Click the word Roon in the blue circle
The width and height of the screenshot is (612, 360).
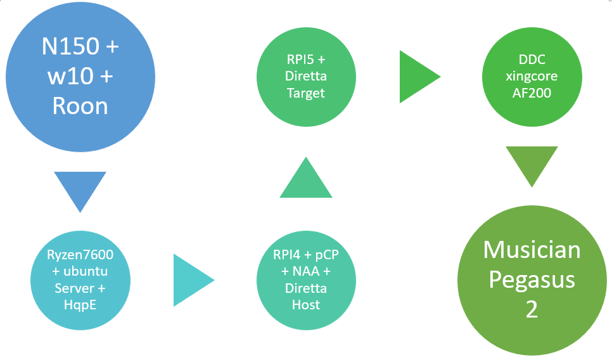[x=80, y=105]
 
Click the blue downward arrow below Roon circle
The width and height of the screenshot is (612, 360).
[x=80, y=188]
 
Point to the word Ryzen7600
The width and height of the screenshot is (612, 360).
[x=79, y=256]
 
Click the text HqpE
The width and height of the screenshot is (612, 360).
[x=79, y=305]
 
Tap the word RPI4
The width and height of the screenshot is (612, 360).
[x=283, y=256]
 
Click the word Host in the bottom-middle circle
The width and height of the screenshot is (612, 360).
[x=306, y=305]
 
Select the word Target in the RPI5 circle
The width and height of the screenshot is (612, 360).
[x=306, y=93]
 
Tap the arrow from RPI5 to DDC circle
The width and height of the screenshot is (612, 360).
[x=416, y=77]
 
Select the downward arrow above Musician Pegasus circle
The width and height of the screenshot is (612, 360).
[x=532, y=164]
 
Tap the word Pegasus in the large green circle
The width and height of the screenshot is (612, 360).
[x=532, y=280]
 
